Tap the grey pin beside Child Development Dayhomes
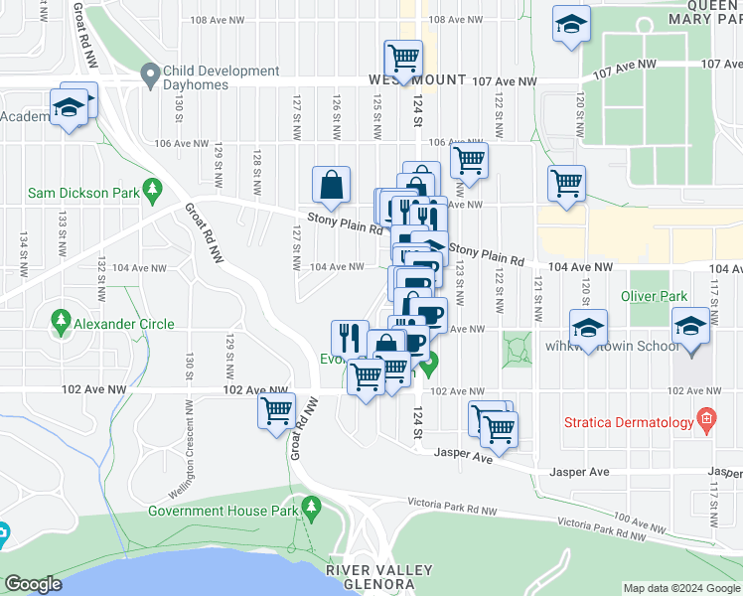[150, 73]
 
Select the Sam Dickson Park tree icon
[152, 188]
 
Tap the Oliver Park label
[654, 296]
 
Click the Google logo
[32, 584]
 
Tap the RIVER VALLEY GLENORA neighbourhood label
[380, 576]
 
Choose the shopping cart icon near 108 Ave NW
[403, 59]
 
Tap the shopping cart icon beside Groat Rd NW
[277, 411]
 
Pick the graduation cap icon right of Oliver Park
[690, 327]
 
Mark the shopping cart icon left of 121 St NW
[565, 183]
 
